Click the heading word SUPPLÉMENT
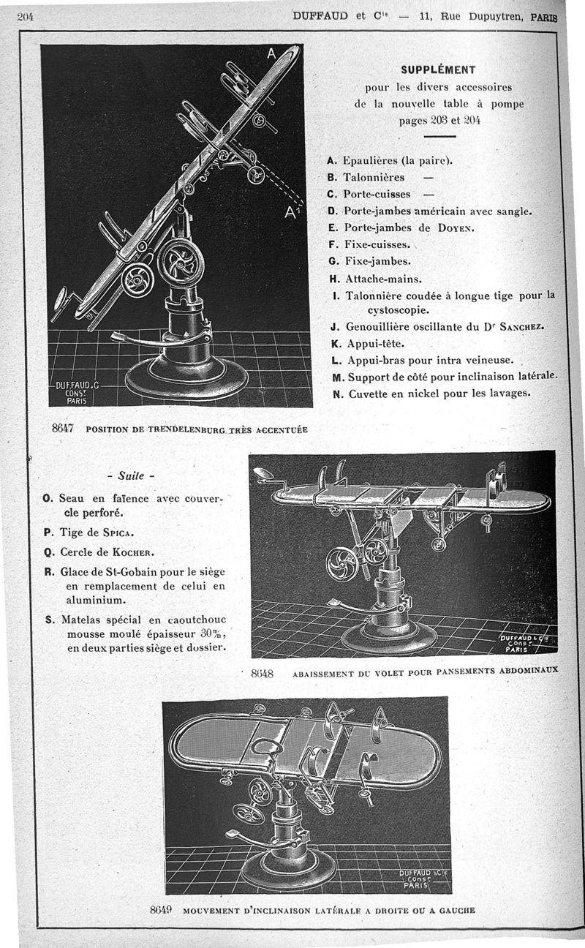coord(438,70)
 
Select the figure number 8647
coord(64,429)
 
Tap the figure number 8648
coord(261,674)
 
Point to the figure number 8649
coord(159,910)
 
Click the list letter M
coord(337,377)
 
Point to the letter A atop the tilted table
coord(271,53)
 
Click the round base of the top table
coord(186,380)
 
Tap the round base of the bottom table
coord(288,870)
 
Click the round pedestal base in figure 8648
coord(388,637)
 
